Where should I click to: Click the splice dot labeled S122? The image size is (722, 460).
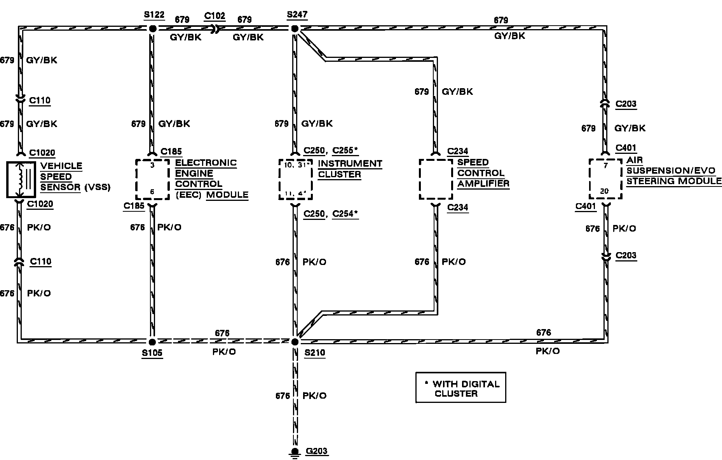[152, 29]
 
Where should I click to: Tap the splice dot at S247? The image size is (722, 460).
[295, 29]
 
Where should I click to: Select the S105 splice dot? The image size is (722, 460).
[152, 342]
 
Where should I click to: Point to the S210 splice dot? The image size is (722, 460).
[295, 342]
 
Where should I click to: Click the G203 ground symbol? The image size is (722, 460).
[295, 452]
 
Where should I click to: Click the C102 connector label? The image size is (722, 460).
[215, 16]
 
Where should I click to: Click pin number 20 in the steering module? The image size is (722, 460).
[605, 191]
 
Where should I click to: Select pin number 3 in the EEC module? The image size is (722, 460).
[152, 165]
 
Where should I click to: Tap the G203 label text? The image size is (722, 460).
[317, 451]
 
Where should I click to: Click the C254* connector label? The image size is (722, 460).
[345, 214]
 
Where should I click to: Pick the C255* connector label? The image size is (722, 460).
[345, 150]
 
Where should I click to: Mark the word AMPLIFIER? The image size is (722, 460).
[483, 183]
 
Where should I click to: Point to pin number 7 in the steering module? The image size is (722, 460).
[605, 166]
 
